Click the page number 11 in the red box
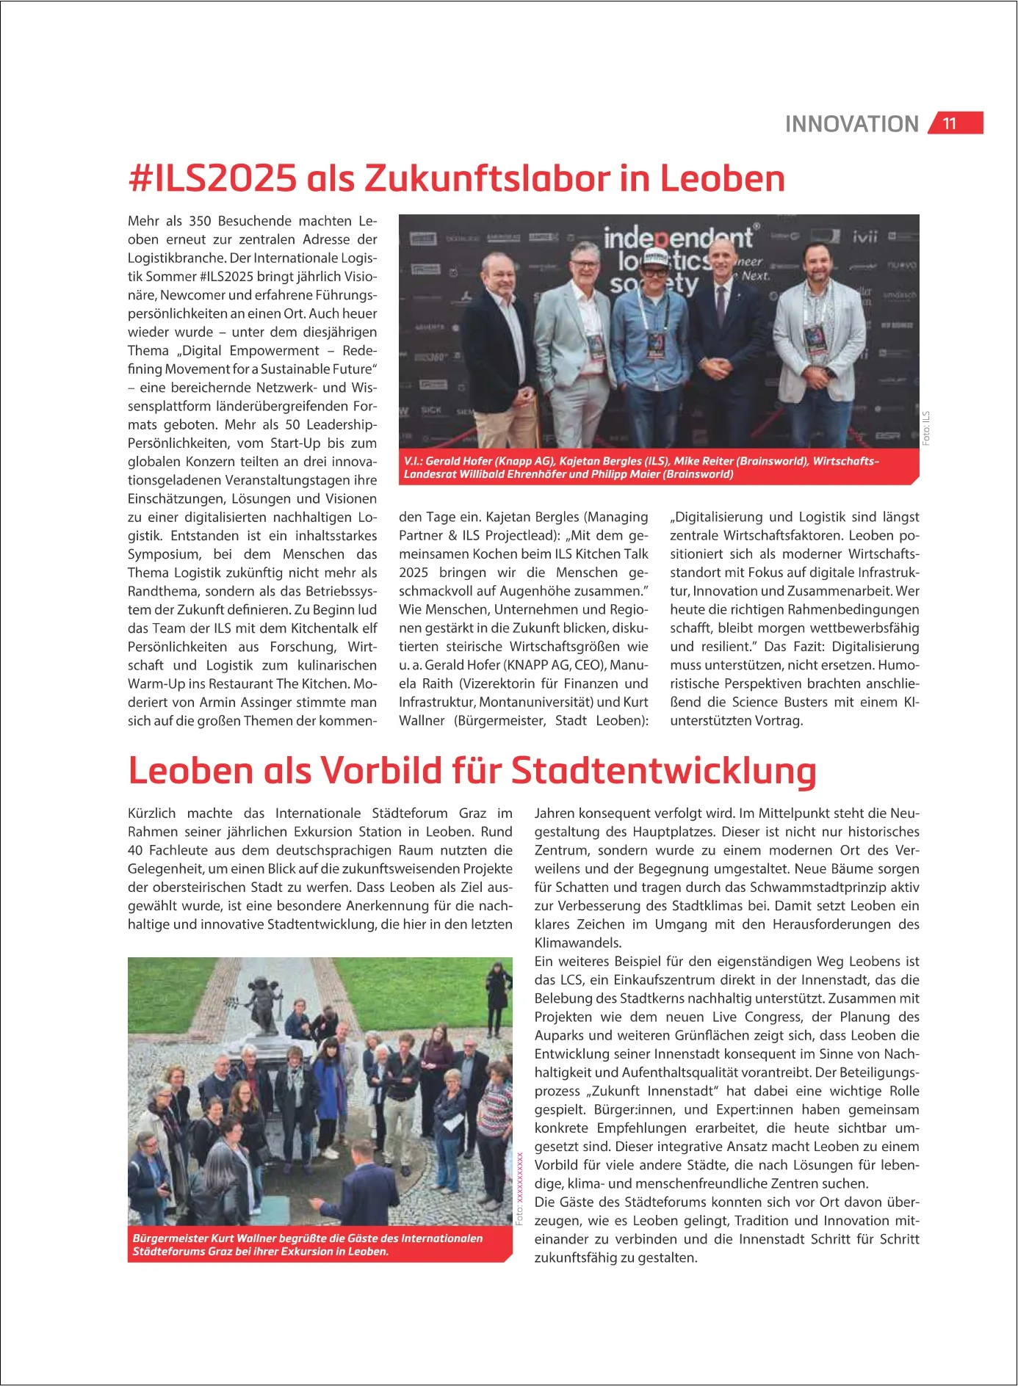[x=950, y=123]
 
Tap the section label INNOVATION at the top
[x=851, y=124]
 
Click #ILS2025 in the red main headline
[x=212, y=178]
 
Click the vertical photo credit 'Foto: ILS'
[x=926, y=428]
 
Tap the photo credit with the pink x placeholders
[x=519, y=1188]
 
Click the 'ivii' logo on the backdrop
[x=865, y=236]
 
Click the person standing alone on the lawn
[x=499, y=987]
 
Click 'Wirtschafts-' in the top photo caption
[x=845, y=461]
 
